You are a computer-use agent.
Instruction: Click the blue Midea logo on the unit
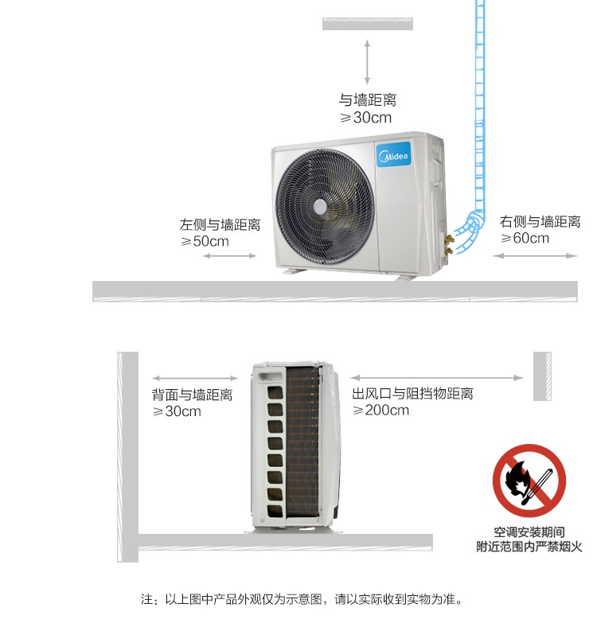pos(393,155)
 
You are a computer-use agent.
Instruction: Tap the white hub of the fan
pos(320,207)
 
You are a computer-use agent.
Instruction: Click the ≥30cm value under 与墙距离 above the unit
pos(365,118)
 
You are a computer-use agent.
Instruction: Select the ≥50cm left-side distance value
pos(205,241)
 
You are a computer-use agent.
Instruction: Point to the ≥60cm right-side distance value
pos(525,238)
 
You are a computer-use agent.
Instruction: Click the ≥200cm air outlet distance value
pos(380,410)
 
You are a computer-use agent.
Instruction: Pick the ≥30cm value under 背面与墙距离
pos(177,411)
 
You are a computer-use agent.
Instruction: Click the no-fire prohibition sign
pos(529,481)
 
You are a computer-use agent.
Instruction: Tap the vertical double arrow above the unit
pos(367,61)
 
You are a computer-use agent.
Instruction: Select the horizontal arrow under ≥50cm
pos(229,256)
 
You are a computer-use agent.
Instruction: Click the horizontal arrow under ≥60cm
pos(535,256)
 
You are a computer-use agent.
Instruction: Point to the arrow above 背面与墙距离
pos(195,378)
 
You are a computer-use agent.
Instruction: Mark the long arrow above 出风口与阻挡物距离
pos(437,378)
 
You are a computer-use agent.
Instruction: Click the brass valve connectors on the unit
pos(449,244)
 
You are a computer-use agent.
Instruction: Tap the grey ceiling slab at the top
pos(368,24)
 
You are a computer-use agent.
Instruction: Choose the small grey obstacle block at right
pos(542,376)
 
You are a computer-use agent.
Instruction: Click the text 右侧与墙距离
pos(540,222)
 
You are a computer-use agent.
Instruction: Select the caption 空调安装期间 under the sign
pos(529,532)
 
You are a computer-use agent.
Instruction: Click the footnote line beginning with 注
pos(302,599)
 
